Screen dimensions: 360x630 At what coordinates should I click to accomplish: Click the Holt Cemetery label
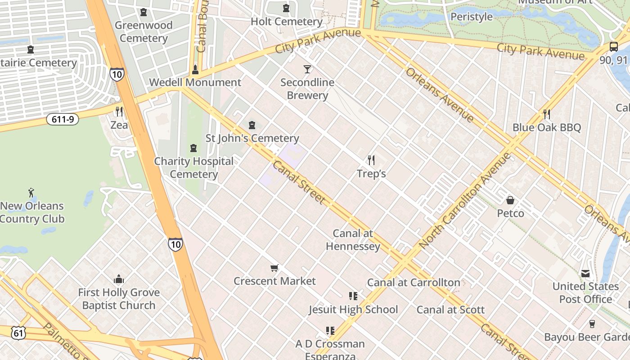(286, 22)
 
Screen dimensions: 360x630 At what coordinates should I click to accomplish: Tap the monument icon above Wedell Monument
(195, 69)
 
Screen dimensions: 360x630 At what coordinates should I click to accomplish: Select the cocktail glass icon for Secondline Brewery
(307, 69)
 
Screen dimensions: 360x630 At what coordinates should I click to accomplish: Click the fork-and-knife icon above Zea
(119, 111)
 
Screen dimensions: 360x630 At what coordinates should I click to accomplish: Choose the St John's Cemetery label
(252, 138)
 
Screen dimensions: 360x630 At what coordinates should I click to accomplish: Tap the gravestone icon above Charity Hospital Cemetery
(193, 148)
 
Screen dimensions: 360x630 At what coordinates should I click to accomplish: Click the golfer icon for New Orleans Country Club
(31, 193)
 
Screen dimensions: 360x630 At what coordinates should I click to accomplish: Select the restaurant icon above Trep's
(371, 160)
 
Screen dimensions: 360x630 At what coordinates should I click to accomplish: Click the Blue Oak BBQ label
(547, 127)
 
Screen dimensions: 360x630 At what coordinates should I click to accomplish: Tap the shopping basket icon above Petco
(510, 200)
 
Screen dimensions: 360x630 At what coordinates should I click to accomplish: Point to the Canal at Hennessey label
(353, 240)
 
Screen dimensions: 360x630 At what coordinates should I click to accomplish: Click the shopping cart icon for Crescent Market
(274, 268)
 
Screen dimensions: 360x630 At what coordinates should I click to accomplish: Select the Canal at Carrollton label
(414, 283)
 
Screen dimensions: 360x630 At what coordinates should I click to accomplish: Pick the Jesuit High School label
(353, 310)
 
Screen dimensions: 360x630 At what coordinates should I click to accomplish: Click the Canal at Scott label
(450, 310)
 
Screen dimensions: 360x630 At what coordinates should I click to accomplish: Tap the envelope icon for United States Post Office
(585, 273)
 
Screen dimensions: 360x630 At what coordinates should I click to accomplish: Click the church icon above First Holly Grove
(119, 279)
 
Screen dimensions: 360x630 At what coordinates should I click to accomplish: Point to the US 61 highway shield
(18, 333)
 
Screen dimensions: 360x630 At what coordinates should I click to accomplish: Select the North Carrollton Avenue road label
(465, 201)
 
